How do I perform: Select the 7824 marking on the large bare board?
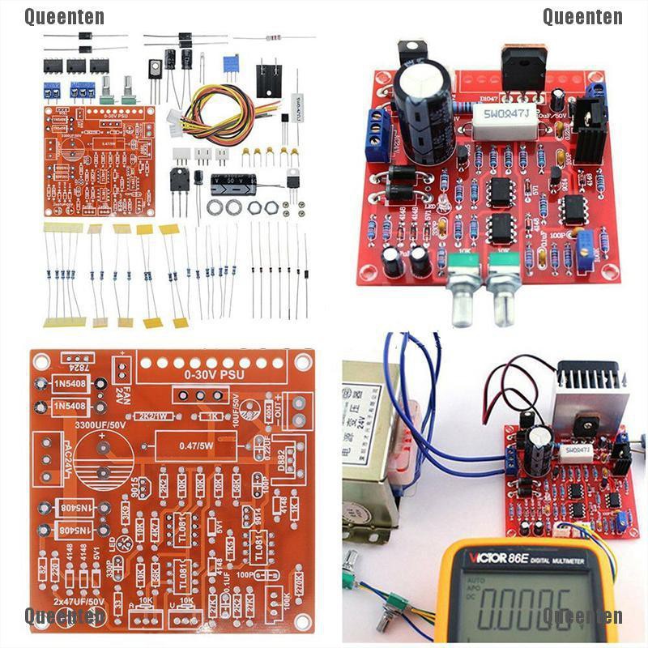point(76,367)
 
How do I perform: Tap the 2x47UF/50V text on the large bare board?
point(79,603)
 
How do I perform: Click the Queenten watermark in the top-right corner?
point(582,16)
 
